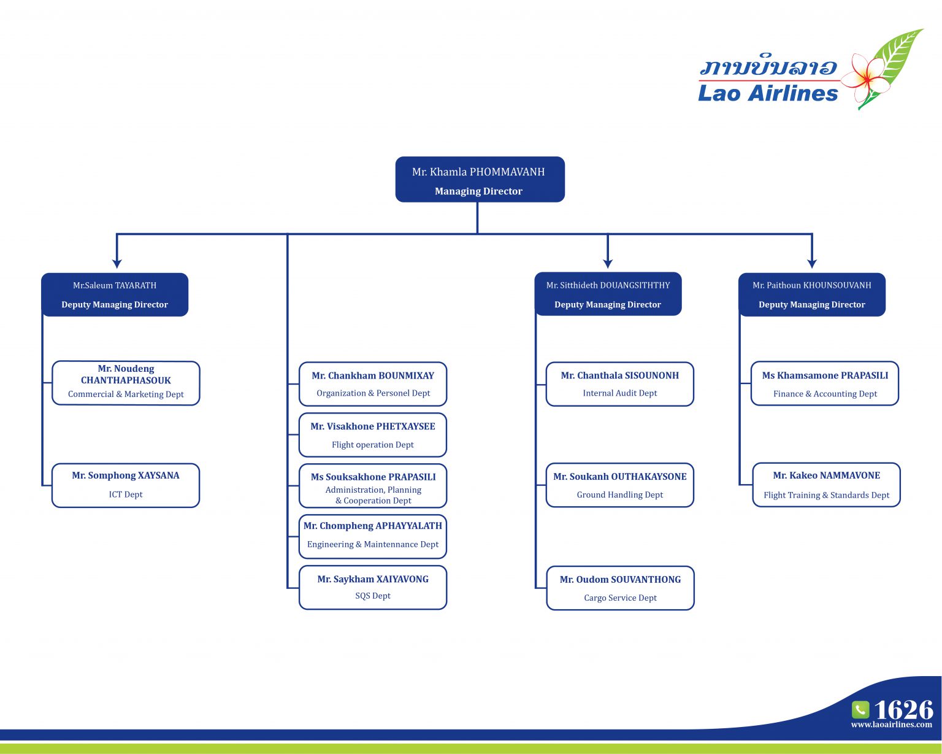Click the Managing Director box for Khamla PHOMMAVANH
(480, 180)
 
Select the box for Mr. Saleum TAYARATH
(115, 294)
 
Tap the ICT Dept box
(126, 485)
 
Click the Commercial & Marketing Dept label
(126, 394)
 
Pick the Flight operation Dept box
(373, 435)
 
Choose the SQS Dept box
(373, 588)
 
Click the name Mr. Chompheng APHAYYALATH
(373, 526)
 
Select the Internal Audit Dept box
(619, 384)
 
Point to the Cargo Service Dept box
(620, 588)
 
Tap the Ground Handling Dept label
(619, 494)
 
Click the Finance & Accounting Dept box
(825, 384)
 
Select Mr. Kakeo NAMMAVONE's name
(826, 475)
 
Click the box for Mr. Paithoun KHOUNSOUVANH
(811, 294)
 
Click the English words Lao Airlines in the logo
(768, 93)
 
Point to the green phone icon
(860, 710)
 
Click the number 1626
(903, 710)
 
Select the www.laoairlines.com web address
(891, 725)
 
